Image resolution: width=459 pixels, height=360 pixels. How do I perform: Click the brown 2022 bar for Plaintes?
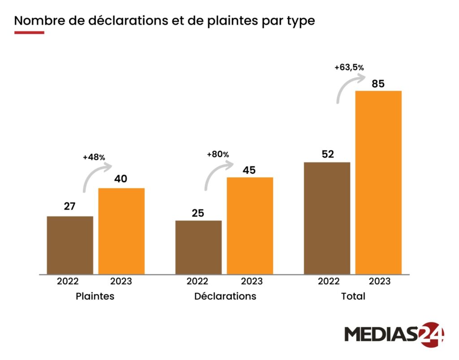tap(70, 245)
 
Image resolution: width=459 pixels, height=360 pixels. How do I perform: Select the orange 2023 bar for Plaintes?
tap(121, 231)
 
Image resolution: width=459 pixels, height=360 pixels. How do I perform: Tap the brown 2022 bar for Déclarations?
tap(199, 247)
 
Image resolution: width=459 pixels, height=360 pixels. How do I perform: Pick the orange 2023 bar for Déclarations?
tap(250, 225)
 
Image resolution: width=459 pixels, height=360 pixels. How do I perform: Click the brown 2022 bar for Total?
tap(327, 218)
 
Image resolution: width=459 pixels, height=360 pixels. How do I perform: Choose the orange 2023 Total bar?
tap(378, 182)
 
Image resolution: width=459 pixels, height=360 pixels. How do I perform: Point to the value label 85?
tap(378, 84)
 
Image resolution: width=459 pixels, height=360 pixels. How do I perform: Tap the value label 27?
tap(69, 207)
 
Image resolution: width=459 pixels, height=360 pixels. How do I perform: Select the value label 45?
tap(249, 170)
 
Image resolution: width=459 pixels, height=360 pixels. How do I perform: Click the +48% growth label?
tap(94, 158)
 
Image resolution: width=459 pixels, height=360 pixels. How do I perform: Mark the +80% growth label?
tap(218, 154)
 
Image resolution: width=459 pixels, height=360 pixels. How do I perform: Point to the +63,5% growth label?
tap(349, 68)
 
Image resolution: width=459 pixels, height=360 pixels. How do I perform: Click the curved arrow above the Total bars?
tap(349, 88)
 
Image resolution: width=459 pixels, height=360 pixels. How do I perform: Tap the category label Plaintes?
tap(95, 296)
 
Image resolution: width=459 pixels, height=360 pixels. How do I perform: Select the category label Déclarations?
tap(225, 296)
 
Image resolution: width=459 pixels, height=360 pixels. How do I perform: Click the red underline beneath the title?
tap(29, 33)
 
